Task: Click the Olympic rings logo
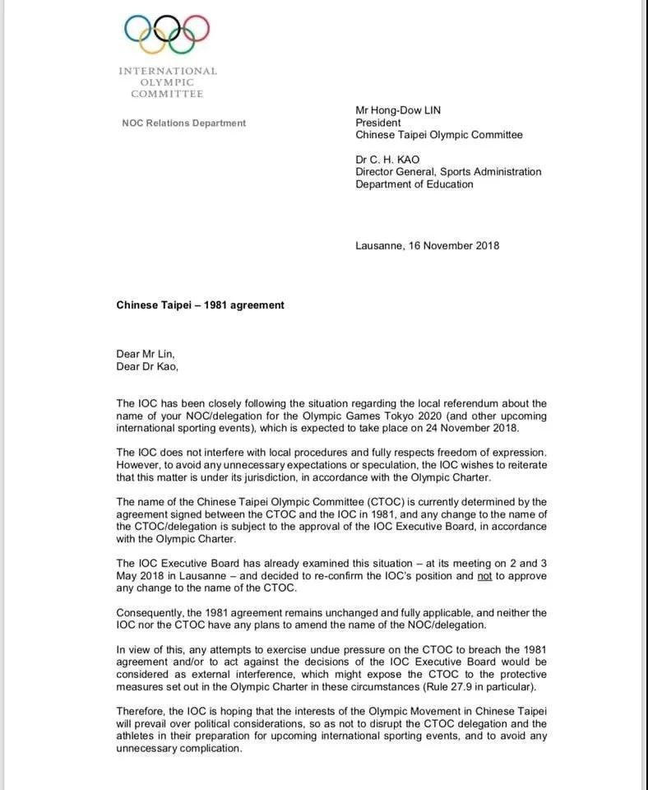click(167, 31)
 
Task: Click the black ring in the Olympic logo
click(167, 26)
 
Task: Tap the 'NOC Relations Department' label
click(183, 123)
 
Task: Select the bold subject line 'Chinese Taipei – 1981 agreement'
click(200, 304)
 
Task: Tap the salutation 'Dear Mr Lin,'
click(146, 354)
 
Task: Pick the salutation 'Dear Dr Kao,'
click(146, 366)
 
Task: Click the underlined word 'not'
click(485, 575)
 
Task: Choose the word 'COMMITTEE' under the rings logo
click(168, 94)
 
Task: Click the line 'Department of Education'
click(414, 184)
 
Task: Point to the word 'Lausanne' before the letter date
click(379, 245)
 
